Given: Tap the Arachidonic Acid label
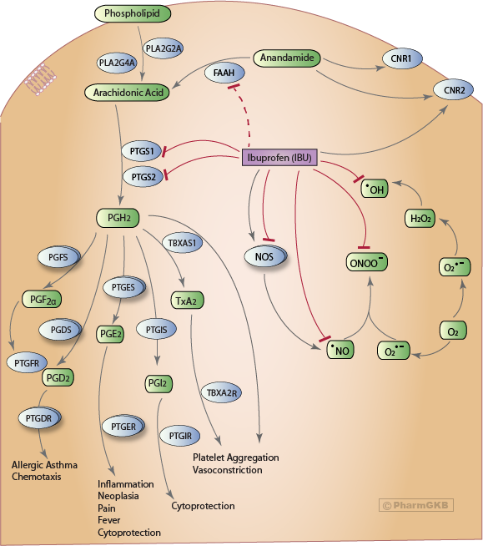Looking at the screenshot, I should pos(127,91).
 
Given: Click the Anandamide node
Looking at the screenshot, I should pos(286,59).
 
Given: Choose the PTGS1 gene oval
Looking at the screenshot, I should pos(141,151).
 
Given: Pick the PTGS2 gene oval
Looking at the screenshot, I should pos(141,177).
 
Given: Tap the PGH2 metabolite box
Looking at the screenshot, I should pos(119,219).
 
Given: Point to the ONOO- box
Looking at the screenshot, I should pos(368,264).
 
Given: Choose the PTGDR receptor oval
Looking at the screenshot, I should pos(40,414).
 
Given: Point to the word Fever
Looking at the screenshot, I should pos(109,519).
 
